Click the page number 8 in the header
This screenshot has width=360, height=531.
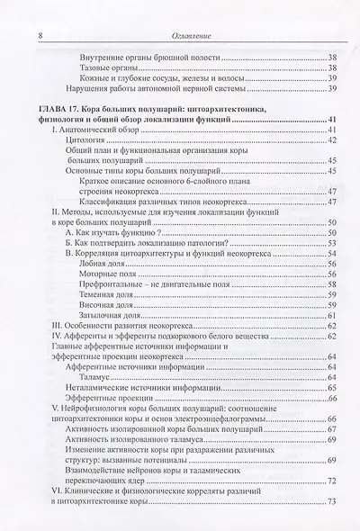coord(31,12)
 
